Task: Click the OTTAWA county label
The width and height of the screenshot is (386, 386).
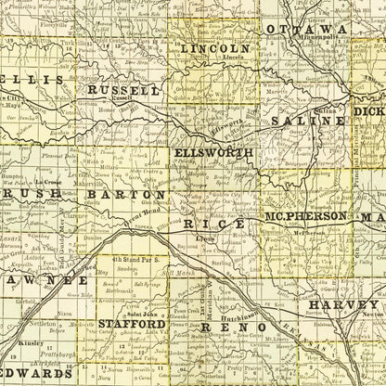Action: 306,30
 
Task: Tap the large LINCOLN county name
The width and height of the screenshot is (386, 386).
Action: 215,47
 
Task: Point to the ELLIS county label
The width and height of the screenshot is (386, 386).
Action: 32,80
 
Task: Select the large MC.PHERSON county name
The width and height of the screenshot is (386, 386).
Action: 306,216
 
